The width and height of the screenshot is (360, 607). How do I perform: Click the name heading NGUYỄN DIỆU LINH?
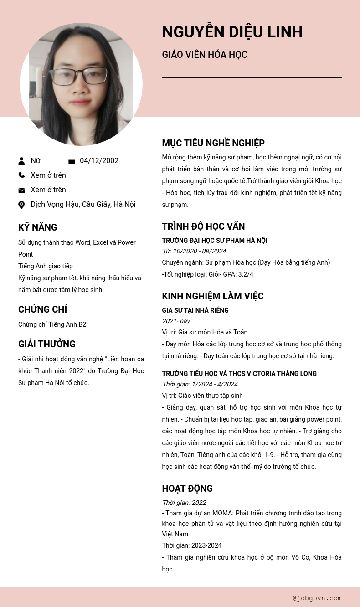tap(232, 32)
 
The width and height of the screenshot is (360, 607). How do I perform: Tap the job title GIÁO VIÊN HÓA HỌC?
tap(205, 55)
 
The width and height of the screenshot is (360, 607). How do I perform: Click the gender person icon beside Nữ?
tap(21, 161)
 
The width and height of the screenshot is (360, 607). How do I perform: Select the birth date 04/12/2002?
tap(99, 161)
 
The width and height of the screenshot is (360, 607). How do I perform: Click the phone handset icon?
tap(21, 175)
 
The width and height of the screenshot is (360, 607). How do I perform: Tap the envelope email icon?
tap(21, 190)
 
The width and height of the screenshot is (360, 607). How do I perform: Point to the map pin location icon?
tap(21, 205)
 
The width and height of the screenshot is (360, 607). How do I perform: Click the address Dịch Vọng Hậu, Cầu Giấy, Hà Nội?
tap(83, 205)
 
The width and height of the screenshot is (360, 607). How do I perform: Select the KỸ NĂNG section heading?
tap(37, 227)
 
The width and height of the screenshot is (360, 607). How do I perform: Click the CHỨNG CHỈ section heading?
tap(42, 309)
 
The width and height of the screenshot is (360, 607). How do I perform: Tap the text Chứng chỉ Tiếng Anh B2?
tap(52, 324)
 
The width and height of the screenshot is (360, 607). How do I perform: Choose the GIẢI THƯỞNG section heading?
tap(46, 344)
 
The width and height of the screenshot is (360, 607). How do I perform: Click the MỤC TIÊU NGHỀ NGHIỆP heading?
tap(213, 143)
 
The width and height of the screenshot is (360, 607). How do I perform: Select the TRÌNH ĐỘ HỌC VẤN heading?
tap(203, 226)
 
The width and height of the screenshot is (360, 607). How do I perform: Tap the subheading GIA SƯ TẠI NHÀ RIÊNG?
tap(195, 310)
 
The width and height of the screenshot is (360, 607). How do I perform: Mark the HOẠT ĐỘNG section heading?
tap(187, 489)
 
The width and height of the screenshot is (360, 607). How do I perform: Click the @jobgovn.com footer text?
tap(317, 598)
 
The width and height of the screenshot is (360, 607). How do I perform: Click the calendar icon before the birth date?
tap(72, 161)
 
